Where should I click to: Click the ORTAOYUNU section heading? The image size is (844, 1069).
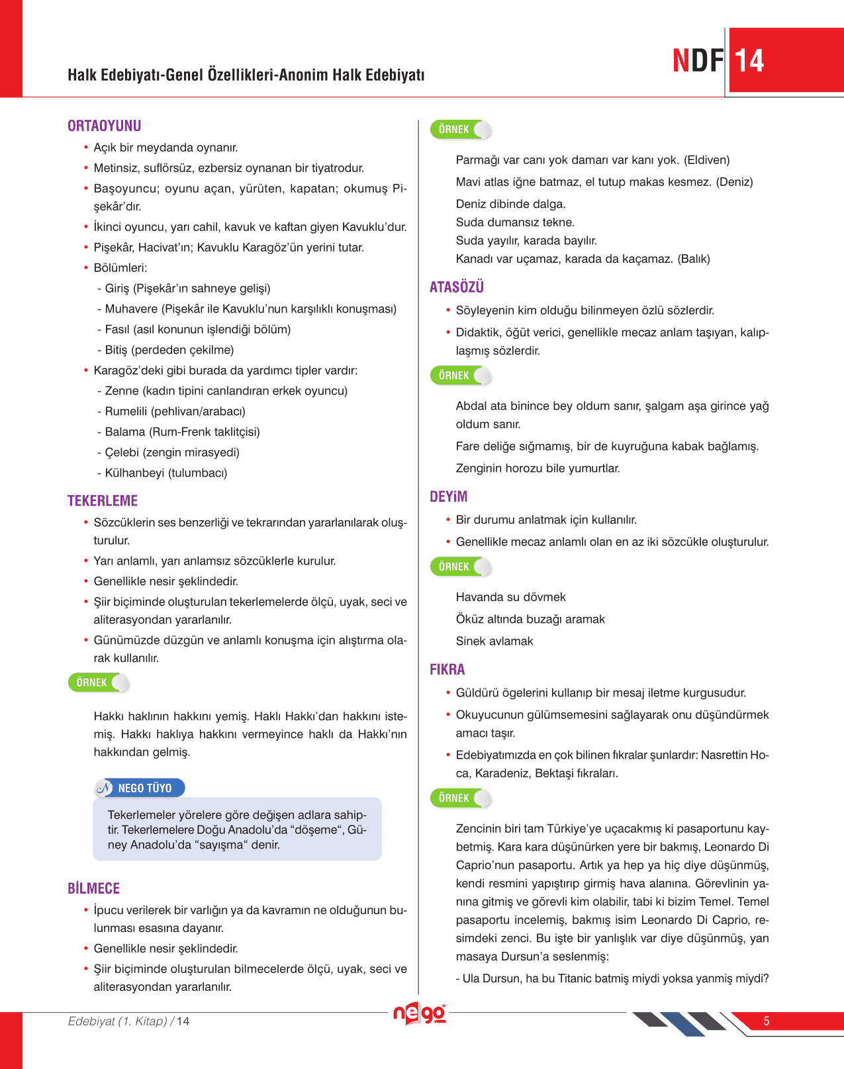pos(104,126)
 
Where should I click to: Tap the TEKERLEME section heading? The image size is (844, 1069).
pos(103,501)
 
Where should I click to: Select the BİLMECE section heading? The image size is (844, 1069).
pos(93,888)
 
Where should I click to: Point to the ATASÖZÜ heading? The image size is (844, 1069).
pos(456,287)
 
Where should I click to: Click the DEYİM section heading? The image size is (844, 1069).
pos(448,496)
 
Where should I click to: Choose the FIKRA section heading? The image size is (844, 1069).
pos(447,669)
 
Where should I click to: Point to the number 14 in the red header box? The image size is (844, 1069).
pos(749,61)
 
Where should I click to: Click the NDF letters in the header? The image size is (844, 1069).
pos(698,61)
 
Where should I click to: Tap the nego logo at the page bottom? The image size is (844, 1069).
pos(420,1013)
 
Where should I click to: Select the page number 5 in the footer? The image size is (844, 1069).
pos(766,1021)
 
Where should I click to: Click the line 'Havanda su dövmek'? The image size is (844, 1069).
pos(510,597)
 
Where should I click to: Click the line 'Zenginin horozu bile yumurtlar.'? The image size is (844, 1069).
pos(538,468)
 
